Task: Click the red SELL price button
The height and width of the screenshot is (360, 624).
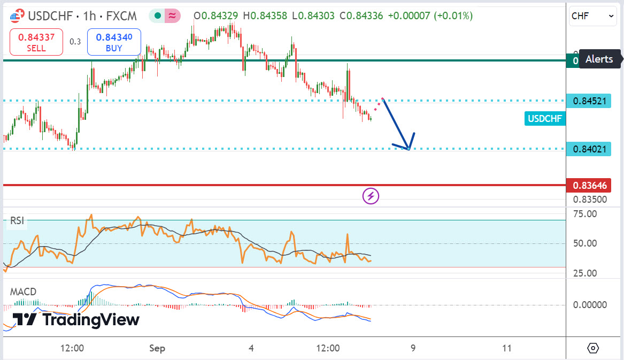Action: pos(36,42)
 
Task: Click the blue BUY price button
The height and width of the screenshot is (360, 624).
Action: pos(114,42)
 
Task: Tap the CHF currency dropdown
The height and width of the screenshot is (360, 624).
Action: pos(593,16)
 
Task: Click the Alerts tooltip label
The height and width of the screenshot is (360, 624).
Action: pos(599,59)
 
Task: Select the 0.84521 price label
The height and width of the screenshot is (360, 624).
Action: pos(590,101)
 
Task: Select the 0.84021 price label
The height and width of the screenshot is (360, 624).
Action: pos(590,149)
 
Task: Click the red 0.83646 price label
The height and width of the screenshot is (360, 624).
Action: pos(590,186)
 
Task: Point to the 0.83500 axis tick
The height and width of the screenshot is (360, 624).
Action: pos(590,200)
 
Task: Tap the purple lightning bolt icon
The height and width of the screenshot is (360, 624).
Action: pos(371,196)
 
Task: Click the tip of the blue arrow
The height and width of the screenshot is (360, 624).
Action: pos(409,149)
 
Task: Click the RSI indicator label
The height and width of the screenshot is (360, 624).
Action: pos(18,220)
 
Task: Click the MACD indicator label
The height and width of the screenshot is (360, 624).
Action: pos(24,292)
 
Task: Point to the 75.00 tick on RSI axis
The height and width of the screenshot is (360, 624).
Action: pos(584,214)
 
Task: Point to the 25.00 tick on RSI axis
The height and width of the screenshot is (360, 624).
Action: pos(584,273)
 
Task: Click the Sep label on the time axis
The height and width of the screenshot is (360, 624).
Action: pos(157,348)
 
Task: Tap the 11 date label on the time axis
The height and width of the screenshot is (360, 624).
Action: pos(507,348)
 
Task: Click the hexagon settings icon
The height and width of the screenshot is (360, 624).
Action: pos(593,348)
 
